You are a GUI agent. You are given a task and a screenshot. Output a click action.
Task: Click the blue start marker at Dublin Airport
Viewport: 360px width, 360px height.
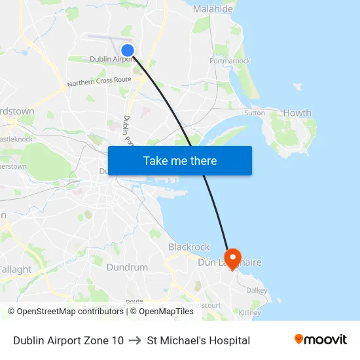coord(128,50)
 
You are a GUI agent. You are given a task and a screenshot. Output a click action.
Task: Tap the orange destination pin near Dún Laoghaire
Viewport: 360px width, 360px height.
coord(232,256)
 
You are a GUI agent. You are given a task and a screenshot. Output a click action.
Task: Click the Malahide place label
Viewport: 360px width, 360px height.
coord(213,9)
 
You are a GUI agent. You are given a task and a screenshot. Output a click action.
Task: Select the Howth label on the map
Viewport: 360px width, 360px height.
coord(297,113)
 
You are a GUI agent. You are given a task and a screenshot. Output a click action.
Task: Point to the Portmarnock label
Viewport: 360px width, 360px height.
coord(230,61)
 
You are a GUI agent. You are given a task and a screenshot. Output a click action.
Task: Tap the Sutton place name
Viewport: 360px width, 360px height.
coord(255,113)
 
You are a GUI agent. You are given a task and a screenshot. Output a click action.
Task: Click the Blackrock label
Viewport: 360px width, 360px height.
coord(189,247)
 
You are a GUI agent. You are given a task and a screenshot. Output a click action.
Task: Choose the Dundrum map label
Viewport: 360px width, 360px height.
coord(127,267)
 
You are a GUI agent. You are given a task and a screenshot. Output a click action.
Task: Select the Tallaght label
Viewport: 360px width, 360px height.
coord(15,269)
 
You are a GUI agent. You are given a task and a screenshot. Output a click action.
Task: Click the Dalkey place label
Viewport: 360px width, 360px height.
coord(257,290)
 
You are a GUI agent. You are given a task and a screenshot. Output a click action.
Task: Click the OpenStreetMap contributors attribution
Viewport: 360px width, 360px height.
coord(67,312)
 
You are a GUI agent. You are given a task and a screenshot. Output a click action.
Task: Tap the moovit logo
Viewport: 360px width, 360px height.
coord(320,340)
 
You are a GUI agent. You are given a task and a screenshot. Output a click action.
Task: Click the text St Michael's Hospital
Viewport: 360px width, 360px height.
coord(198,340)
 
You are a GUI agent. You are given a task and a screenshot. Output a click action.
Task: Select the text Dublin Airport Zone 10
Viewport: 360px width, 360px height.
coord(68,340)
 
